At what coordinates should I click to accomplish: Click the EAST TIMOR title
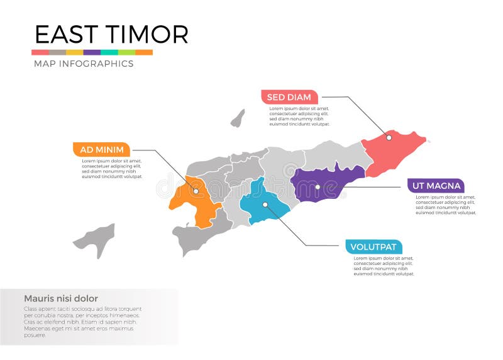[111, 34]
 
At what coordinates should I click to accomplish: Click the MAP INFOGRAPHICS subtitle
[83, 64]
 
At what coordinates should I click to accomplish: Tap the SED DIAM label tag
[289, 97]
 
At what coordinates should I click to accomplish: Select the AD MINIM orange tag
[102, 149]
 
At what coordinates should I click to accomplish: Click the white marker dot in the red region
[389, 137]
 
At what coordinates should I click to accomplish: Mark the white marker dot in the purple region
[318, 187]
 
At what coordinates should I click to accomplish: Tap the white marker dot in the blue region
[265, 204]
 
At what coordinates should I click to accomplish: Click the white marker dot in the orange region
[196, 191]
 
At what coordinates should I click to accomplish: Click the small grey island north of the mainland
[238, 118]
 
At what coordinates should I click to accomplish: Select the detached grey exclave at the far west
[96, 239]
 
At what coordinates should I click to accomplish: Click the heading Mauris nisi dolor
[60, 298]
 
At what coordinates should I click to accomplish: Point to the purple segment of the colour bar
[92, 52]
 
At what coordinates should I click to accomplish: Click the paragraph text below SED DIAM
[300, 116]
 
